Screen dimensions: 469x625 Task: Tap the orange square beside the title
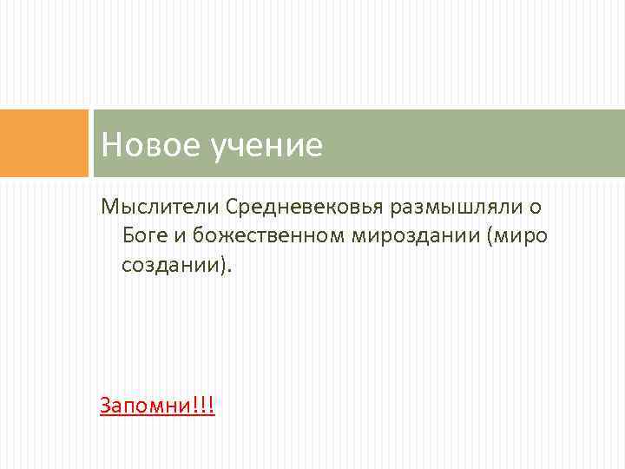[x=44, y=143]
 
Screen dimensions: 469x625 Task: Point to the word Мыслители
[x=158, y=208]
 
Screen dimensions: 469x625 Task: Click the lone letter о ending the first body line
[x=536, y=208]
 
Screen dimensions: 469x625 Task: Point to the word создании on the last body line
[x=170, y=263]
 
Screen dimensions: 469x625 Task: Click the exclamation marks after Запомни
[x=205, y=405]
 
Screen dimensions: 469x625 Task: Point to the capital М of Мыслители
[x=108, y=208]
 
